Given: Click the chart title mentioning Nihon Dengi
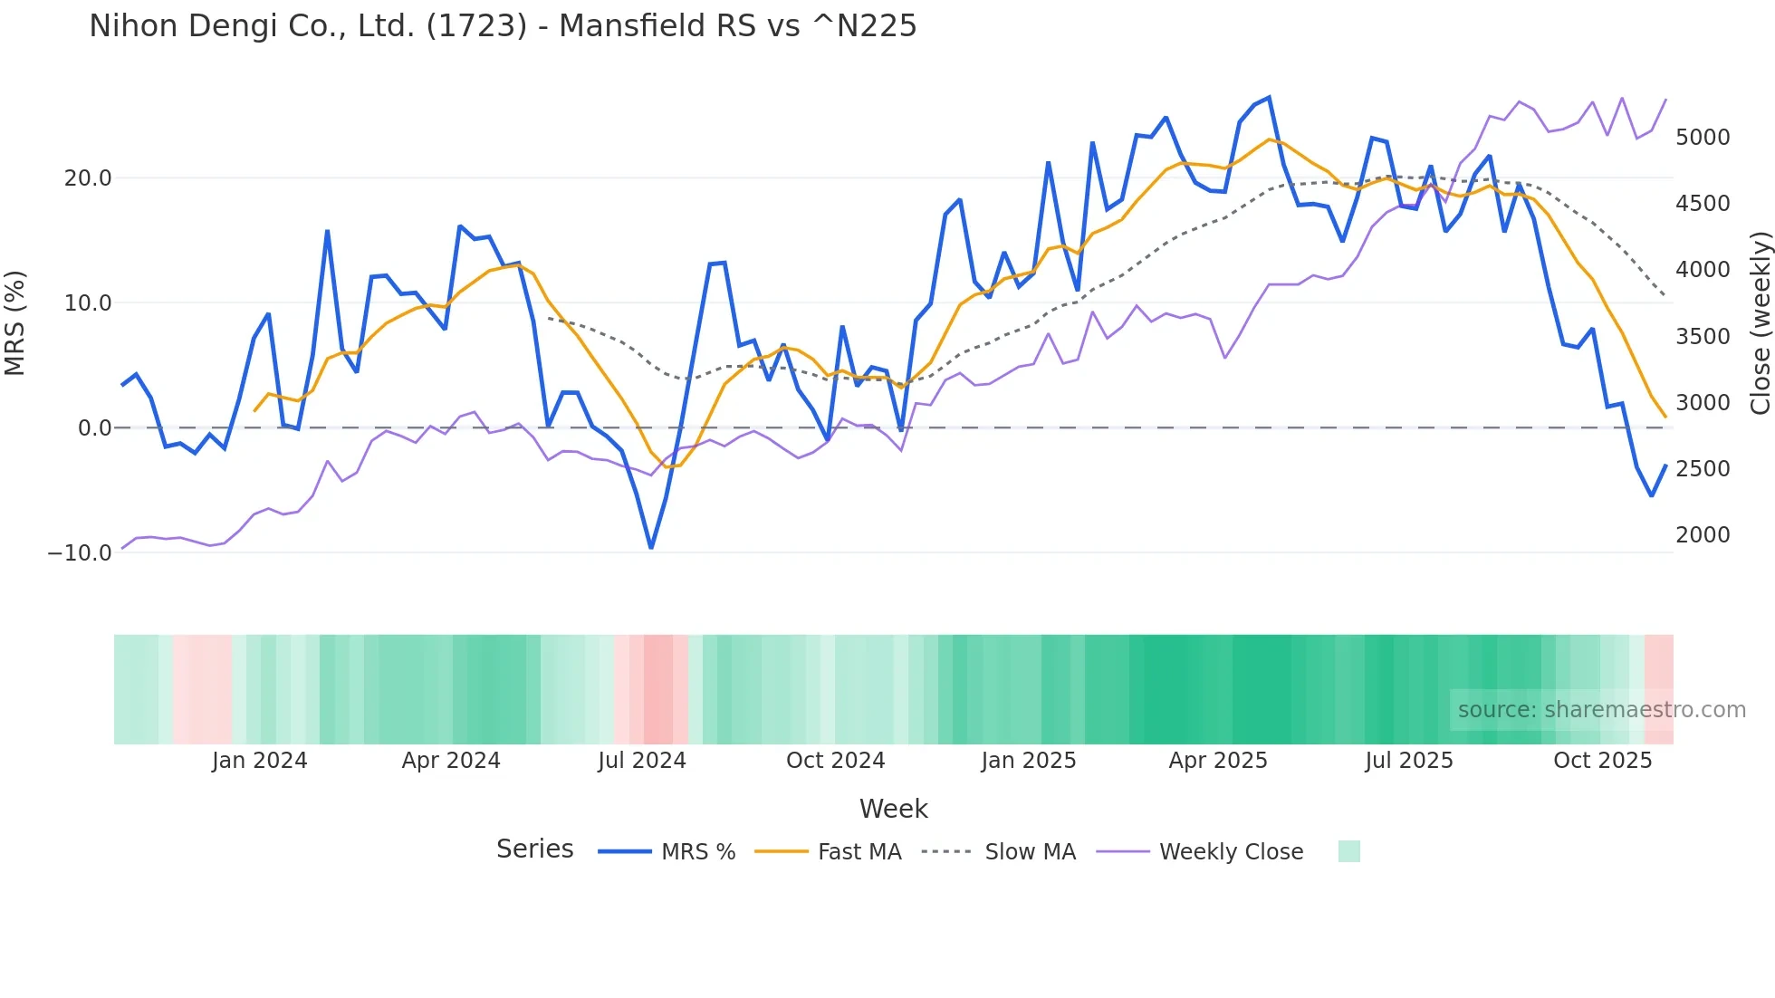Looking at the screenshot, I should click(x=503, y=26).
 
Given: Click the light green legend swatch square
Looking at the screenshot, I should click(x=1348, y=851).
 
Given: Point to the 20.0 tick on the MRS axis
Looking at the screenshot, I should click(x=88, y=178).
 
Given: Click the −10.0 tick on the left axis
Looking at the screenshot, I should click(x=80, y=552).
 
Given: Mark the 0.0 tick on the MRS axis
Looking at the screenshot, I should click(x=95, y=428).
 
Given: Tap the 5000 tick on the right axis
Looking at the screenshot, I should click(x=1703, y=138).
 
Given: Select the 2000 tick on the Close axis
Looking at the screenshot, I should click(x=1703, y=535).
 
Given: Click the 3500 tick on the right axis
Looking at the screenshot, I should click(x=1703, y=337).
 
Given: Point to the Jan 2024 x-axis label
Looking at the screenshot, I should click(x=260, y=761).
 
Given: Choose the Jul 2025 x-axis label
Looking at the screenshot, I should click(x=1409, y=761).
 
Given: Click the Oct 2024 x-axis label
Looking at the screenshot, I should click(x=835, y=761).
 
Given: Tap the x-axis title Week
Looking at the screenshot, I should click(x=893, y=809).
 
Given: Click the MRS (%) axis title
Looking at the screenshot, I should click(x=15, y=322).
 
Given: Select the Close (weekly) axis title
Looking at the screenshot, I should click(x=1760, y=322).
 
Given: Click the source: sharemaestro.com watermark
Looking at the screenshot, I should click(x=1601, y=710).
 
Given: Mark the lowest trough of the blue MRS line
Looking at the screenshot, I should click(x=651, y=548).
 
